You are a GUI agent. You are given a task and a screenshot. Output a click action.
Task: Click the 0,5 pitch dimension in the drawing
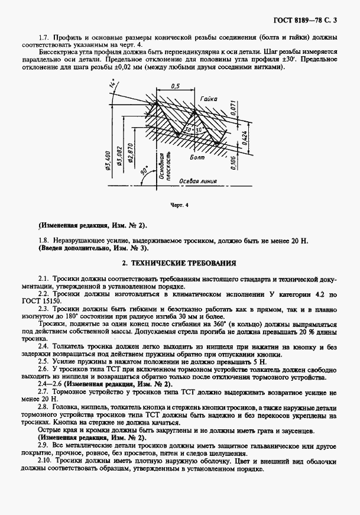[x=175, y=86]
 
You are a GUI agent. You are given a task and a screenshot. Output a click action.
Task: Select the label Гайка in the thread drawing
[x=208, y=100]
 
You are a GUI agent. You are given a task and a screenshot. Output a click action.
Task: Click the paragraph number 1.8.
[x=43, y=241]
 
